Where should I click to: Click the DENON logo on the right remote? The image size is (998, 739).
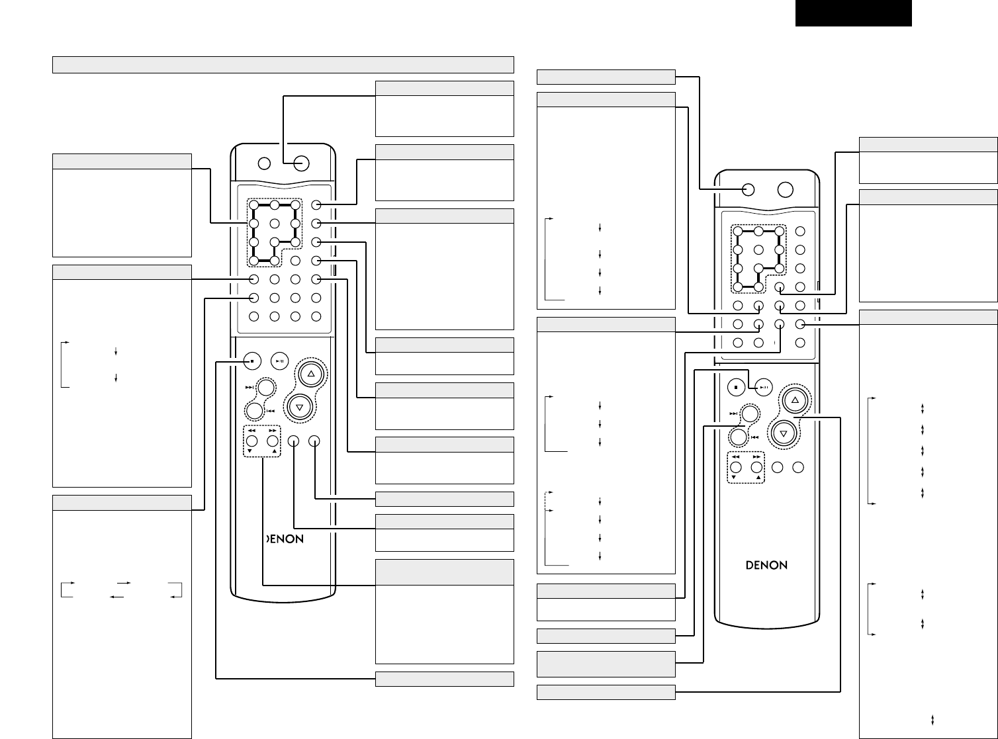(x=767, y=565)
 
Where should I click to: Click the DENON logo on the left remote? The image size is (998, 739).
(x=285, y=539)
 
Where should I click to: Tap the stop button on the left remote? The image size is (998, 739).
(x=252, y=362)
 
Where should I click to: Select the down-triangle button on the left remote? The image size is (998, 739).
(x=300, y=407)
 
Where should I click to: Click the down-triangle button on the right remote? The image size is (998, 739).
(x=784, y=433)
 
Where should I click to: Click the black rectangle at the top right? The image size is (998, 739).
(x=853, y=13)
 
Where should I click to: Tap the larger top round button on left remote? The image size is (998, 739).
(x=300, y=163)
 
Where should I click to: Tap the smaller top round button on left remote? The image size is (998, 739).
(x=264, y=163)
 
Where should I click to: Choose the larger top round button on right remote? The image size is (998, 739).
(x=785, y=189)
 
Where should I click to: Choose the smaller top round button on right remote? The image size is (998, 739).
(x=748, y=189)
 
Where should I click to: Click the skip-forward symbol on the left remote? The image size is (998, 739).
(x=249, y=388)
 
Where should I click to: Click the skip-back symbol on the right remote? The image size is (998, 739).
(x=754, y=437)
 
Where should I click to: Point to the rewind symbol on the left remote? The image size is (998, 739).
(x=251, y=430)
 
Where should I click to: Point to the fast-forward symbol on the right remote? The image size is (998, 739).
(x=756, y=456)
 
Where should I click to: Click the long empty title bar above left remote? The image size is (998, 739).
(x=283, y=64)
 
